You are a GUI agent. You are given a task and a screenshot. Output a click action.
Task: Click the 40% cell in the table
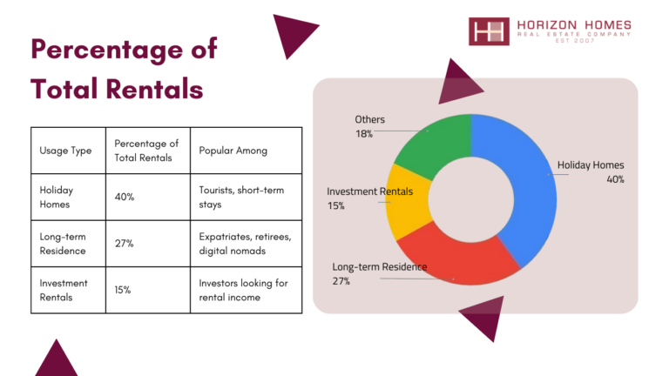pos(147,197)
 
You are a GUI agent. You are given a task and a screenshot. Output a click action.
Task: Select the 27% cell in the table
pos(147,244)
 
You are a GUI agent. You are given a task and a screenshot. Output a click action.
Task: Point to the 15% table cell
pos(147,290)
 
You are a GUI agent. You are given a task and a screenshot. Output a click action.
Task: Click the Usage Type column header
pos(68,151)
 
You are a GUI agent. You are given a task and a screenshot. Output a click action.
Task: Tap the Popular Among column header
pos(247,151)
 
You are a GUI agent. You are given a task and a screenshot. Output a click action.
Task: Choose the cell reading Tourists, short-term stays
pos(247,197)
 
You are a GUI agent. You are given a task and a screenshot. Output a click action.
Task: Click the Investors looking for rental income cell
pos(247,290)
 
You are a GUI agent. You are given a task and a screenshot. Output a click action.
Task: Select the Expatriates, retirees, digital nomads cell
pos(247,244)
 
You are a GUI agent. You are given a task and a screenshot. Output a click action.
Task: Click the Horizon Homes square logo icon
pos(489,31)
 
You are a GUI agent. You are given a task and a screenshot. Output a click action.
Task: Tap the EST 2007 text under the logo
pos(575,41)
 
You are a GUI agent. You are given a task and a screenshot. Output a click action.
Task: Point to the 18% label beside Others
pos(364,134)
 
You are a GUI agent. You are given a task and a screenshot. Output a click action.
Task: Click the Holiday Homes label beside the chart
pos(591,165)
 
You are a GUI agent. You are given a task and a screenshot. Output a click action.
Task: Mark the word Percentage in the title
pos(108,50)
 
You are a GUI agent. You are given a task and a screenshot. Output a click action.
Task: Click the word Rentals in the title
pos(154,89)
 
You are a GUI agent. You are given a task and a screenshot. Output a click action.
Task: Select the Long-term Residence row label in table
pos(63,244)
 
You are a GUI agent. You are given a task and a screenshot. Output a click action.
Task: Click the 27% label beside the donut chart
pos(341,281)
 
